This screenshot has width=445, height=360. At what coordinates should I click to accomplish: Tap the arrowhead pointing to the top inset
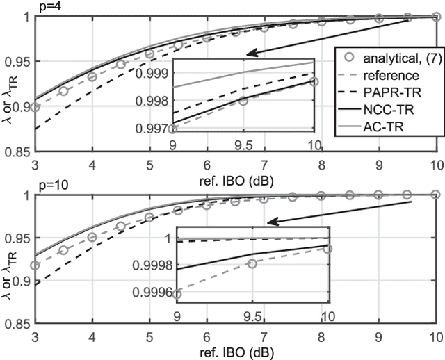click(x=251, y=53)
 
